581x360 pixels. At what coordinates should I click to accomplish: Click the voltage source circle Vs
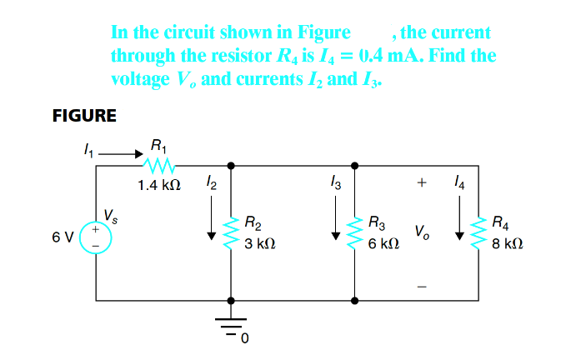pos(96,237)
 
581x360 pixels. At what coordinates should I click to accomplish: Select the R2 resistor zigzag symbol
pos(231,232)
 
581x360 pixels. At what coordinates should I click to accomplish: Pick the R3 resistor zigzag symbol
pos(356,232)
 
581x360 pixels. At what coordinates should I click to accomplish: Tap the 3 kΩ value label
pos(260,246)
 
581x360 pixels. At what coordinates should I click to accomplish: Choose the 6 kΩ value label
pos(384,246)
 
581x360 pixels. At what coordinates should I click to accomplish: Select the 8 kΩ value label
pos(508,246)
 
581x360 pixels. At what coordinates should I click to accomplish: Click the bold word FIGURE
pos(83,116)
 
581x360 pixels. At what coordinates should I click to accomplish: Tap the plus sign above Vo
pos(423,181)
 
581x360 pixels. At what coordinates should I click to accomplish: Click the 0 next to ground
pos(245,339)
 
